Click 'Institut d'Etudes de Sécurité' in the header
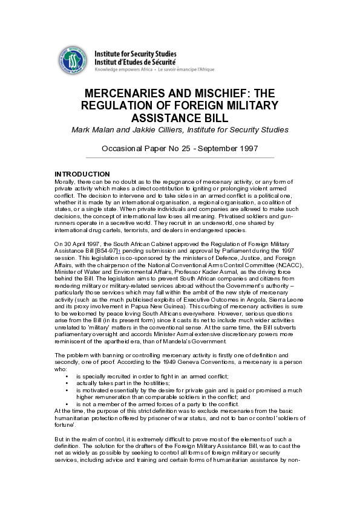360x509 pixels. pos(136,62)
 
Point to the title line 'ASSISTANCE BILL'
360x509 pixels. pos(180,117)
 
